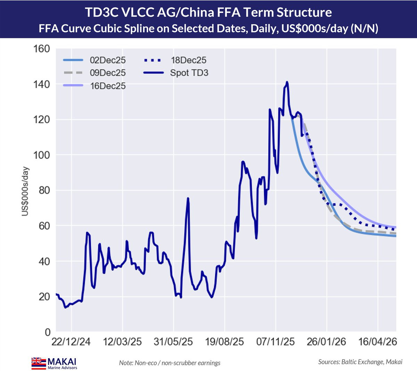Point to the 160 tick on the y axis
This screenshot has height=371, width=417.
coord(42,49)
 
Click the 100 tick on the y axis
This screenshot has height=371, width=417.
coord(42,155)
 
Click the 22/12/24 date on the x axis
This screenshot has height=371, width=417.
coord(71,342)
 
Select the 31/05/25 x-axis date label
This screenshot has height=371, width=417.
coord(173,342)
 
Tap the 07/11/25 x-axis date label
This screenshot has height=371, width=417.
coord(276,342)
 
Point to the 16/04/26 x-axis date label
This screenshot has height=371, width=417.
coord(378,342)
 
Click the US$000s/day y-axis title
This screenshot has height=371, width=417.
coord(25,191)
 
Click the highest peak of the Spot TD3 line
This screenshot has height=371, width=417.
coord(287,82)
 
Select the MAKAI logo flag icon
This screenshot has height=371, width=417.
coord(39,362)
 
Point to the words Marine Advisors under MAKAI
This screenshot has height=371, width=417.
coord(62,368)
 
